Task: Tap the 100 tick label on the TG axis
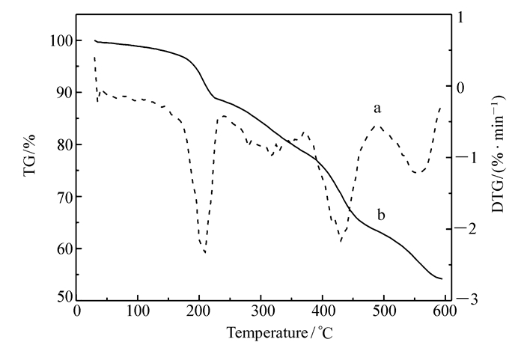(58, 40)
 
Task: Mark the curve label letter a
(378, 109)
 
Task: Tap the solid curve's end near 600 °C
(442, 279)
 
